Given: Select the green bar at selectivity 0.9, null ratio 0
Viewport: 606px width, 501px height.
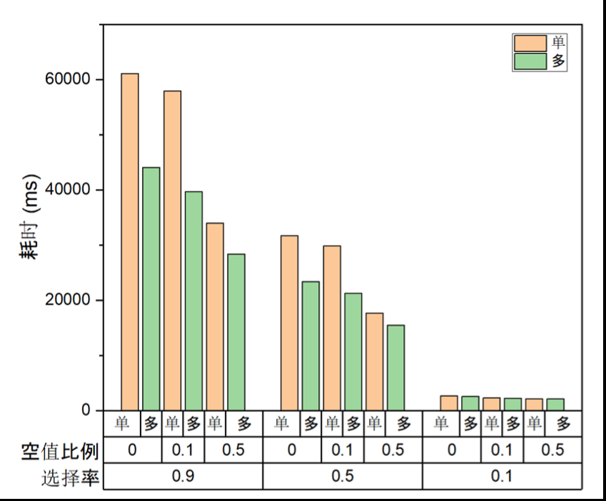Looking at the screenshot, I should (x=151, y=288).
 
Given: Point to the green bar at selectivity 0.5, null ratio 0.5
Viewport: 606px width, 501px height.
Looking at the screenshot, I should (x=395, y=368).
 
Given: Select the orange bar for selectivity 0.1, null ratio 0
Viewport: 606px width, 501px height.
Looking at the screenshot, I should (x=449, y=403).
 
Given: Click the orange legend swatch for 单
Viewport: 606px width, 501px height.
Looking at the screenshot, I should (x=530, y=44).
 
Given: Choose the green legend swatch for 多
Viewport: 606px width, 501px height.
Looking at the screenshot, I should (x=530, y=62).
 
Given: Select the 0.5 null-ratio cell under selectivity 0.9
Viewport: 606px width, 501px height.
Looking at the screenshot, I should (x=233, y=450).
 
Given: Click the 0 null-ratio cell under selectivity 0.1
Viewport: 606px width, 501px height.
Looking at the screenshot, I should (x=451, y=450).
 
